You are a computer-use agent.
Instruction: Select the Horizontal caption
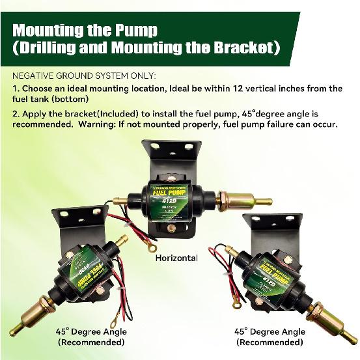click(x=176, y=258)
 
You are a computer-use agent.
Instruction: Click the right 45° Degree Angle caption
click(x=270, y=331)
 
